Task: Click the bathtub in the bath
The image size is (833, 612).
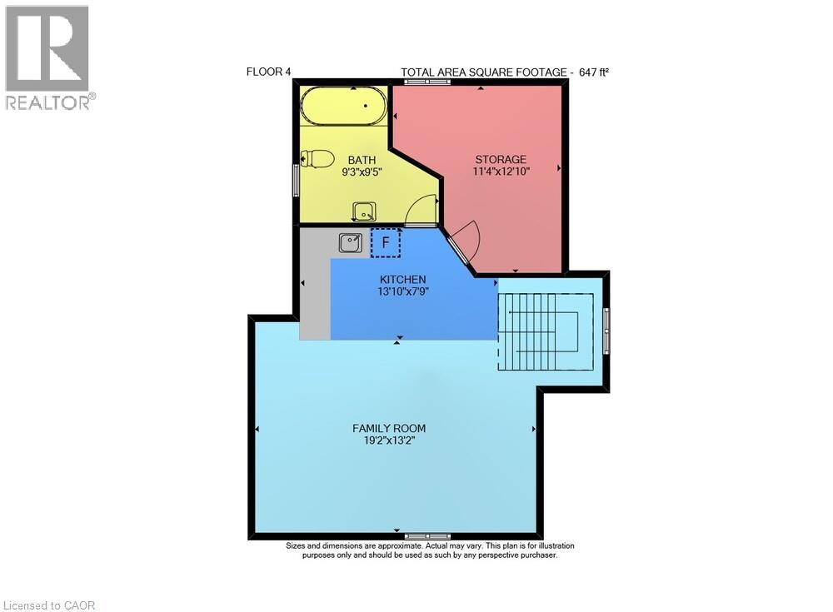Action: coord(343,107)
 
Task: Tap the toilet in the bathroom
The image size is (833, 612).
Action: coord(317,158)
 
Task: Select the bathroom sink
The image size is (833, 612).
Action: coord(363,211)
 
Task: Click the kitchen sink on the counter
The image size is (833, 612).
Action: coord(350,242)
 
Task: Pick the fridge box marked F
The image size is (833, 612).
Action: coord(385,243)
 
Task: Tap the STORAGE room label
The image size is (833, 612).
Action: coord(501,159)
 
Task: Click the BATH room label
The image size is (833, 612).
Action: coord(362,160)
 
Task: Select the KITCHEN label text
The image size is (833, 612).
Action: coord(403,279)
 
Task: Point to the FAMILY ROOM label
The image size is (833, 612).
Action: coord(383,428)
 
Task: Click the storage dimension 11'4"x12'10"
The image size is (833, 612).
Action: coord(501,171)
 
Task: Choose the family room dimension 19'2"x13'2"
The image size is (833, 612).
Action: coord(383,440)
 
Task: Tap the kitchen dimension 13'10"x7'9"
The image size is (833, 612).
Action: coord(403,291)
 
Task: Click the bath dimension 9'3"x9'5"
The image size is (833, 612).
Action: coord(362,172)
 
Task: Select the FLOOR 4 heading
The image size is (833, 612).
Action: coord(268,72)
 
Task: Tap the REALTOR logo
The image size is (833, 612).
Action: coord(48,57)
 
